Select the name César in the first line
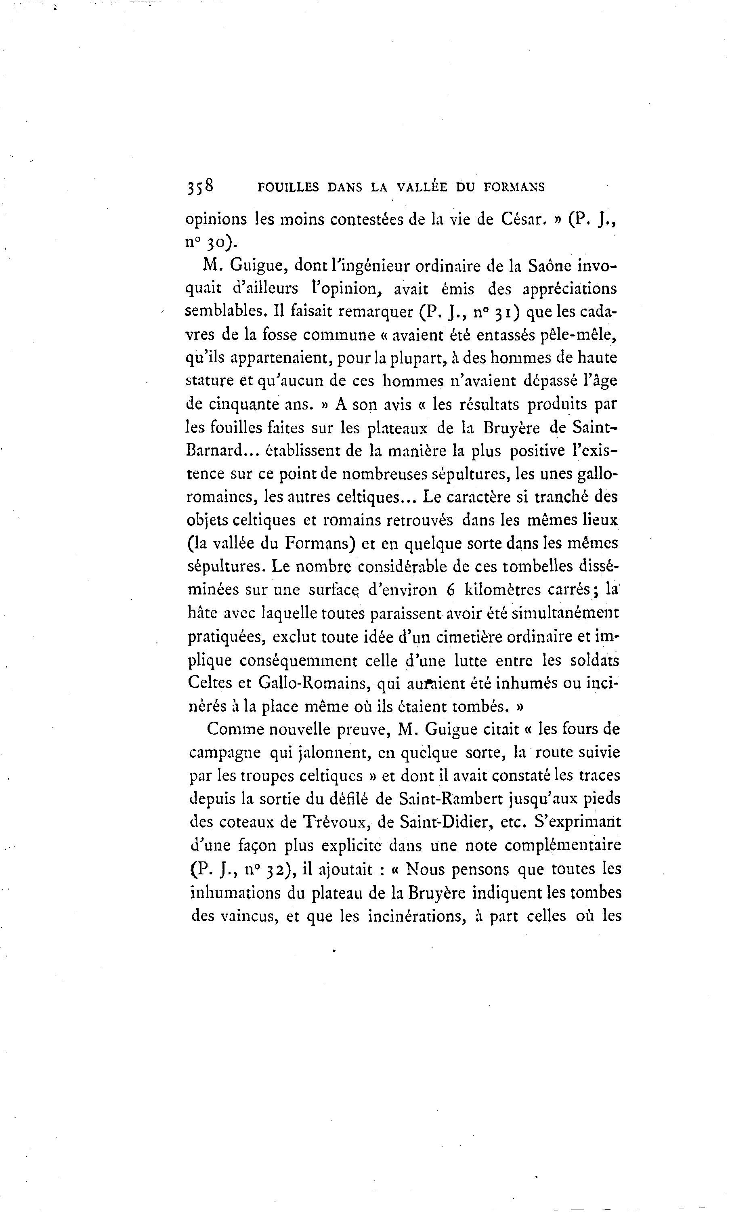tap(523, 219)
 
